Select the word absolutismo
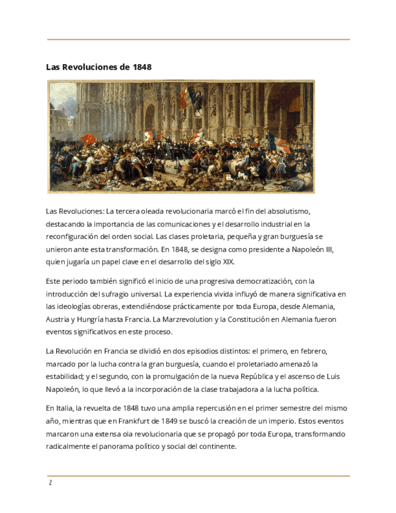pyautogui.click(x=287, y=211)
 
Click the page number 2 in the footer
pyautogui.click(x=50, y=483)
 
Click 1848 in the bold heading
pyautogui.click(x=141, y=67)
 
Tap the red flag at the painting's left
pyautogui.click(x=89, y=139)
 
